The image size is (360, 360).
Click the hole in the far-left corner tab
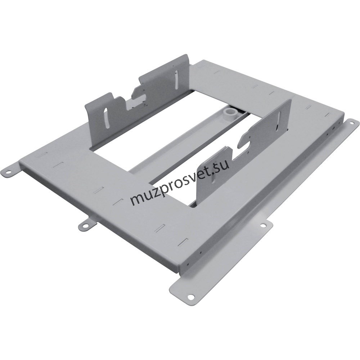click(x=9, y=171)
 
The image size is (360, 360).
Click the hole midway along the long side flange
click(x=263, y=226)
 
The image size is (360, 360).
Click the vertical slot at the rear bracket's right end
click(x=176, y=80)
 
